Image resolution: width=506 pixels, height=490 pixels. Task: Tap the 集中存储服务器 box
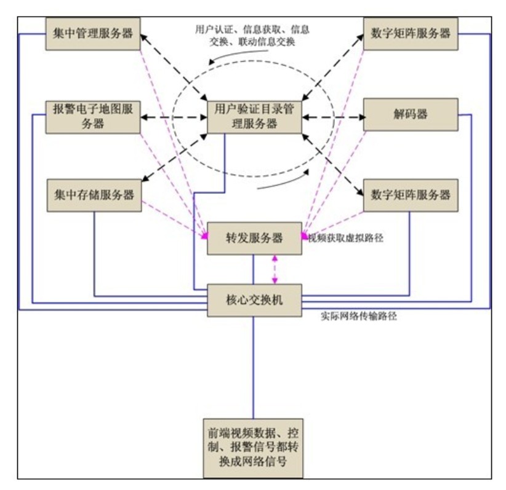pos(93,196)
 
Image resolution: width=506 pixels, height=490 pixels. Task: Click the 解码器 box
pos(411,114)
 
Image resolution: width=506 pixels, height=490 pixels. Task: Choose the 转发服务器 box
pos(254,238)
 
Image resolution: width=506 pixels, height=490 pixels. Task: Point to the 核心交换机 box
pos(254,300)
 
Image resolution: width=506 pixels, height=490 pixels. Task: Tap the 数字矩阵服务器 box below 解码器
pos(411,196)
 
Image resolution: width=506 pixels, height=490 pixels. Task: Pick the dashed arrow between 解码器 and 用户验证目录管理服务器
pos(332,116)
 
